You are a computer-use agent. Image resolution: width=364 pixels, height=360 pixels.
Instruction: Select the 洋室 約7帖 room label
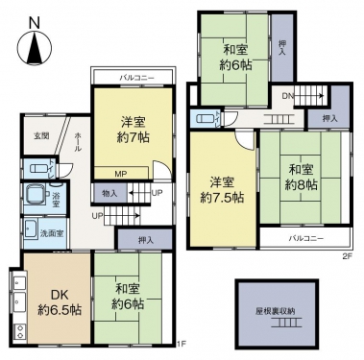click(x=133, y=130)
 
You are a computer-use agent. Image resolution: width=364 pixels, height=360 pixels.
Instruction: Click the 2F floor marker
click(x=347, y=256)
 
